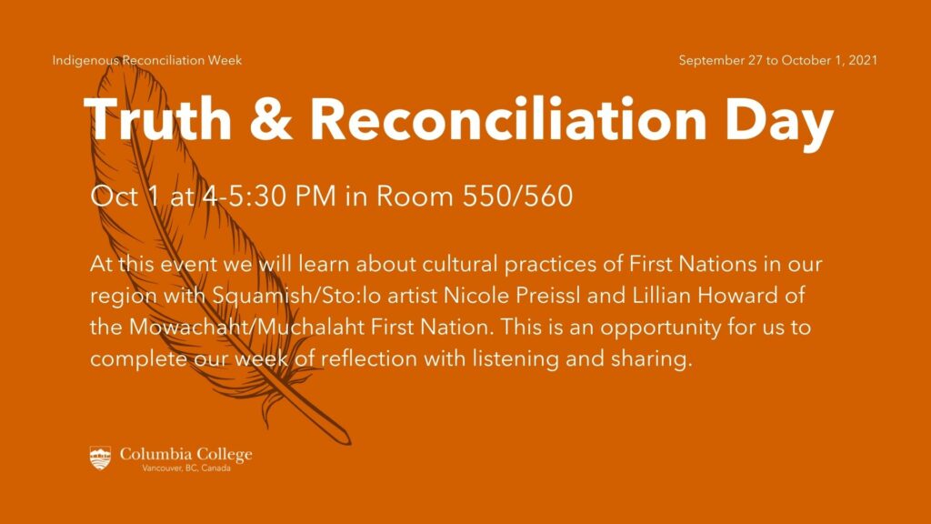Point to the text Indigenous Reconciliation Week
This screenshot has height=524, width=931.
(147, 61)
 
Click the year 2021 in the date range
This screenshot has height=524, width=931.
(860, 61)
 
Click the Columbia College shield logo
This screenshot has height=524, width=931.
(101, 458)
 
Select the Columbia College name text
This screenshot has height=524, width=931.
(186, 454)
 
